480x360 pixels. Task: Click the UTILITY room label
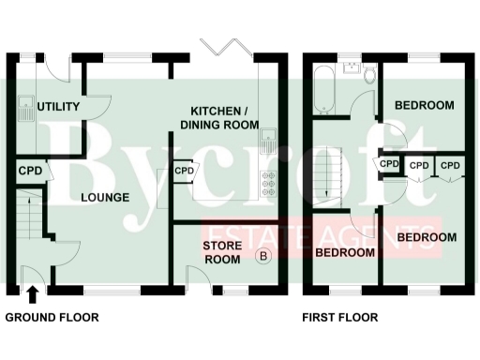coord(59,106)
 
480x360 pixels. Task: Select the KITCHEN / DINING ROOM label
coord(219,117)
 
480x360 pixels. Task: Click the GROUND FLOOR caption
coord(52,318)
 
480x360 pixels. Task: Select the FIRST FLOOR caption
coord(340,318)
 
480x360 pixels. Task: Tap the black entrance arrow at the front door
coord(33,294)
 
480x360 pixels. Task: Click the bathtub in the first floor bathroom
coord(323,91)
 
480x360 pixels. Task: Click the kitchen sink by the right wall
coord(267,143)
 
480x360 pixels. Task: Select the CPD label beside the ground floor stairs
coord(31,172)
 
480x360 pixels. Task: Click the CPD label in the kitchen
coord(184,172)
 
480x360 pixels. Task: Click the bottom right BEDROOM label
coord(427,237)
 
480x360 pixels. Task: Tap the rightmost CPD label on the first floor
coord(452,165)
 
